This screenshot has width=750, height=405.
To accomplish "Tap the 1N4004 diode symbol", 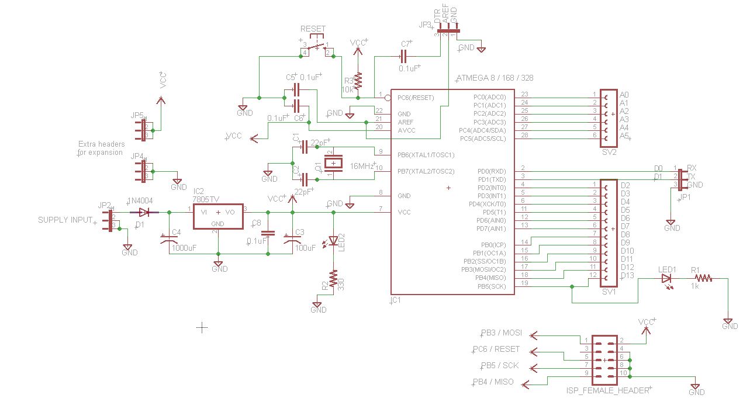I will (x=144, y=212).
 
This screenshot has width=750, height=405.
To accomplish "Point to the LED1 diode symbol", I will (x=667, y=279).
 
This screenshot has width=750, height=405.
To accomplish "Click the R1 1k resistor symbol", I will (x=703, y=279).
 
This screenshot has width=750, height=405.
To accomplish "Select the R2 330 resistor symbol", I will (x=333, y=278).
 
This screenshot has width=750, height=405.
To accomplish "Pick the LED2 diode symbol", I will (x=334, y=240).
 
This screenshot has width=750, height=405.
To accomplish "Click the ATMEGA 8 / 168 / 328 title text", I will (x=494, y=78).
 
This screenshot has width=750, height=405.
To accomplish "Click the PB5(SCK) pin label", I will (x=491, y=286).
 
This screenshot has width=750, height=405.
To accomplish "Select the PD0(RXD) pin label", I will (x=491, y=171).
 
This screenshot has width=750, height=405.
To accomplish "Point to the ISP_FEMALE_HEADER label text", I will (x=608, y=390).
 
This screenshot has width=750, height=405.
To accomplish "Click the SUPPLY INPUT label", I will (x=65, y=220).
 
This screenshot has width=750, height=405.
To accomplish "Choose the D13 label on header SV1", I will (x=627, y=276).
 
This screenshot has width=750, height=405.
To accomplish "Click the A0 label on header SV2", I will (x=624, y=95).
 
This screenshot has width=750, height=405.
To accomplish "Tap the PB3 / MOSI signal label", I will (x=501, y=334).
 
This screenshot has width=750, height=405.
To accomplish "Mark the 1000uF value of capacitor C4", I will (x=184, y=248).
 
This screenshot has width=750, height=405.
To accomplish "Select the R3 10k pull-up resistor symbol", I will (x=359, y=79).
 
